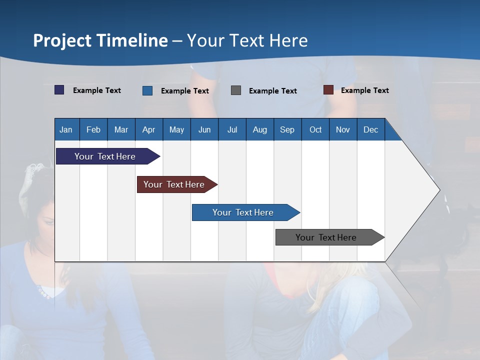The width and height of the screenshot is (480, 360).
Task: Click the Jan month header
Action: (66, 130)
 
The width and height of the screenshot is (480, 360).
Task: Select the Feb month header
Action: (93, 130)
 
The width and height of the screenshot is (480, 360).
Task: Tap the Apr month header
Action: (149, 130)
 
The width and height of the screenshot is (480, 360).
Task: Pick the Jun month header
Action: (204, 130)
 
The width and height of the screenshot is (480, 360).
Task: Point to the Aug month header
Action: (260, 130)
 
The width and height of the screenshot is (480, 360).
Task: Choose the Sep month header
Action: (287, 130)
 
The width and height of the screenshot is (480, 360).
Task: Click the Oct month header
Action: (315, 130)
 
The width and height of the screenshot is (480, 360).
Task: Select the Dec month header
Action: (371, 130)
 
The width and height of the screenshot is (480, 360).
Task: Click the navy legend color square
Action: (59, 90)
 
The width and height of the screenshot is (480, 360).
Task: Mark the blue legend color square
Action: (147, 90)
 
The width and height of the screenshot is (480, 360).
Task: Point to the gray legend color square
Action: (236, 90)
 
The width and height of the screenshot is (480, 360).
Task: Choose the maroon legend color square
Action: (328, 90)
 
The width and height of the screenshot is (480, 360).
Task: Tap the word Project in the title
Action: (61, 40)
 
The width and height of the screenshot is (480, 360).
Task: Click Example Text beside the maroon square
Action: (364, 90)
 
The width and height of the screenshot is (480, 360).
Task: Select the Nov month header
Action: (343, 130)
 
